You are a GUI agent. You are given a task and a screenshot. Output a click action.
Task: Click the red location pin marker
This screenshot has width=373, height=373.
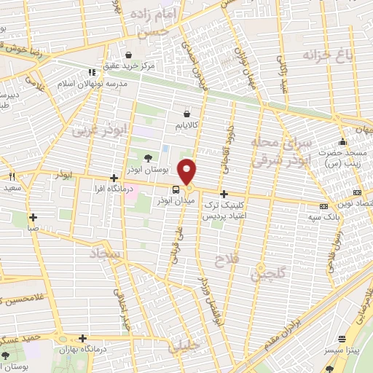[188, 170]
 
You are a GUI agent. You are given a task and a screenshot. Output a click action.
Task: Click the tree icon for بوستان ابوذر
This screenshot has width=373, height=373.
[149, 158]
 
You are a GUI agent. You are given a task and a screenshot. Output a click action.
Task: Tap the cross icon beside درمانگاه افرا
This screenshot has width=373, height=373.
[113, 178]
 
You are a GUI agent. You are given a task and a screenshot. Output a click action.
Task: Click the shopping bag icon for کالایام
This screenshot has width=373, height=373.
[187, 114]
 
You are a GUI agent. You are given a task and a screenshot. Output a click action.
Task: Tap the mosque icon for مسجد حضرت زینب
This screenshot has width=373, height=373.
[342, 141]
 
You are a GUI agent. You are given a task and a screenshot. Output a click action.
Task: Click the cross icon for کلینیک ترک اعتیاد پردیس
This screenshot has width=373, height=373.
[224, 195]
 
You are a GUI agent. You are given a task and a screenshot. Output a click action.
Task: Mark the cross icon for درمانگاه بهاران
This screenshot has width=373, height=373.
[85, 339]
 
